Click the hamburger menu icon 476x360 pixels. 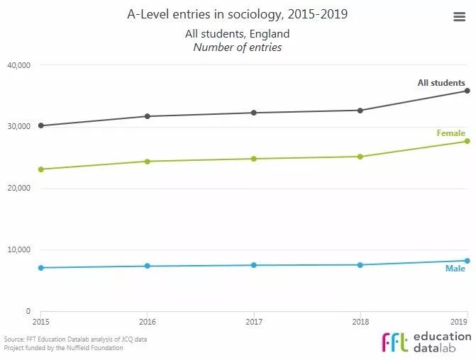pyautogui.click(x=459, y=18)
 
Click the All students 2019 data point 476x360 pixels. pyautogui.click(x=467, y=91)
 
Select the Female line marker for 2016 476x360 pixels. pyautogui.click(x=148, y=162)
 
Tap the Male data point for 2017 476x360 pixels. pyautogui.click(x=254, y=265)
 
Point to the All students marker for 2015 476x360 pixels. pyautogui.click(x=41, y=125)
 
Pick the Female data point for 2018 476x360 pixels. pyautogui.click(x=360, y=157)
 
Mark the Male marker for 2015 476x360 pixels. pyautogui.click(x=41, y=268)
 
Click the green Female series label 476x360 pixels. pyautogui.click(x=450, y=133)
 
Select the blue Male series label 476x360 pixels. pyautogui.click(x=455, y=269)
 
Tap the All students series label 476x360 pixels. pyautogui.click(x=441, y=83)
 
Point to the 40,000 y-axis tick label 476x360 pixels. pyautogui.click(x=18, y=65)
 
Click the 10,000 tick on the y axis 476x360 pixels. pyautogui.click(x=18, y=249)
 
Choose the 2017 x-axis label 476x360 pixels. pyautogui.click(x=254, y=322)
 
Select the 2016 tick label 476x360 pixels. pyautogui.click(x=148, y=322)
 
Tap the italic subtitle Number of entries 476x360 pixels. pyautogui.click(x=238, y=47)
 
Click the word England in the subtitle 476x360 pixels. pyautogui.click(x=270, y=34)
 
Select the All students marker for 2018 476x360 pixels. pyautogui.click(x=360, y=111)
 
